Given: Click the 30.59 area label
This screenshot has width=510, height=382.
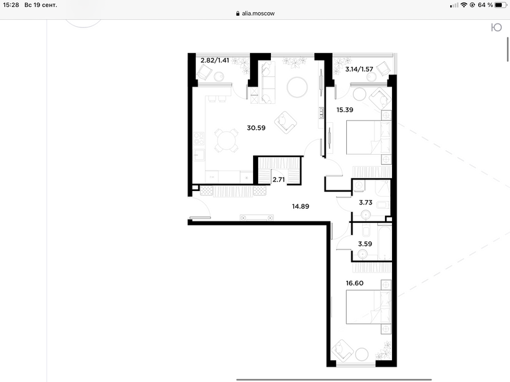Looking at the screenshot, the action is click(256, 128).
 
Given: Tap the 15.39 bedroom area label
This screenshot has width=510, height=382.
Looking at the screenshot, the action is click(345, 110).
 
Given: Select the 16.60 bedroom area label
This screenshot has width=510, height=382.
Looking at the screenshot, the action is click(354, 283).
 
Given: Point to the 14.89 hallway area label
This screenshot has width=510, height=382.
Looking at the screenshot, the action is click(300, 206).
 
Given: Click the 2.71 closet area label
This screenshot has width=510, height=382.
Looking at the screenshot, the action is click(279, 180).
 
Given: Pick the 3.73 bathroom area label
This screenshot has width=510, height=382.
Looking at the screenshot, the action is click(365, 202).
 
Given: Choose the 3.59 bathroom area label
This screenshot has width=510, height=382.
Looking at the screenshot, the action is click(365, 244).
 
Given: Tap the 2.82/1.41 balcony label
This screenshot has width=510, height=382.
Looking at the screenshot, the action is click(215, 60).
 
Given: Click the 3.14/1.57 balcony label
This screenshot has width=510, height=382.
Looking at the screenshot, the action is click(359, 69).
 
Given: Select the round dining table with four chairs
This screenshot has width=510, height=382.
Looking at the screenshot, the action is click(226, 141).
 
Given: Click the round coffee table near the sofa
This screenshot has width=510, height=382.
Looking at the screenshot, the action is click(297, 87).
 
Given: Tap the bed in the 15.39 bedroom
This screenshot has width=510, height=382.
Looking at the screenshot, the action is click(369, 138).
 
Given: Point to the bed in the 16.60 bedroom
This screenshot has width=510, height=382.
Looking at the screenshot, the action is click(369, 307).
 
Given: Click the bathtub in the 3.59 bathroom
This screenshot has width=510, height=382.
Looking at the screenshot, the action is click(384, 243).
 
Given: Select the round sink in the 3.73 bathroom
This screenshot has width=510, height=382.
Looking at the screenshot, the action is click(366, 215).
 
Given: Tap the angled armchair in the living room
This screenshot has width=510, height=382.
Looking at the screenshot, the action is click(285, 122).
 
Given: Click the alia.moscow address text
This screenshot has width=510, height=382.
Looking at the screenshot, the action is click(258, 13).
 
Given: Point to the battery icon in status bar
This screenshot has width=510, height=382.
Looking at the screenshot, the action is click(500, 5).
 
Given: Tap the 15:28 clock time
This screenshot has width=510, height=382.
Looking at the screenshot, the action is click(11, 5).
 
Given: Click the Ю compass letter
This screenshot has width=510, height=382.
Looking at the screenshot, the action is click(497, 27).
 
